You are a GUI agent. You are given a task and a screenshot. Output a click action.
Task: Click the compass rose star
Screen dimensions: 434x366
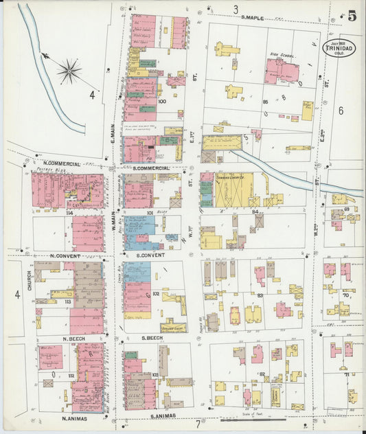coord(69,69)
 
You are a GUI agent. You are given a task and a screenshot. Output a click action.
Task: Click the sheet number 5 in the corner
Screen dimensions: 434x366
coord(352,16)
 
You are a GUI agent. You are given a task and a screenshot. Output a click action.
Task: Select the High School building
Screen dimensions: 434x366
coord(282,70)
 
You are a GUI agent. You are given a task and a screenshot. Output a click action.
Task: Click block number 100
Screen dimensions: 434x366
coord(162,102)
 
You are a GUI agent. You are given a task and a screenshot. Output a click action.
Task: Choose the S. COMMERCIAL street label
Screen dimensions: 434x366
coord(152,168)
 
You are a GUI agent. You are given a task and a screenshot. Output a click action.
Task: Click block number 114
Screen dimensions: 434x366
coord(69,213)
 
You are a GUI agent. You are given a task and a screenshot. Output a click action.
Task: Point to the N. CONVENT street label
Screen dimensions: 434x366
coord(67,256)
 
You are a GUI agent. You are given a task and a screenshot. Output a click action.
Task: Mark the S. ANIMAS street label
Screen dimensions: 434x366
coord(159,415)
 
